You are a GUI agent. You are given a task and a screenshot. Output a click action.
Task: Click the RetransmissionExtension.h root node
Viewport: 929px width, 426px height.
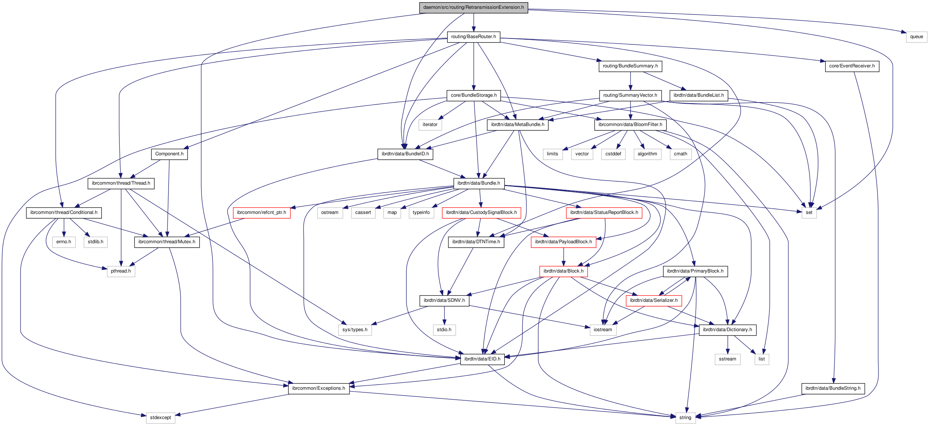[473, 7]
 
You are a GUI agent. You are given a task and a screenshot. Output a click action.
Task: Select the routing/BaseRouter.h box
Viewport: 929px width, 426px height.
[473, 37]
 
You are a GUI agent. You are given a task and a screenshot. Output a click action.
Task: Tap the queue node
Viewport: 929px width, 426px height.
[916, 37]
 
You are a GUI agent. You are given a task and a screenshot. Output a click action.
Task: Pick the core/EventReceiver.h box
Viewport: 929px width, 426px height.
[852, 66]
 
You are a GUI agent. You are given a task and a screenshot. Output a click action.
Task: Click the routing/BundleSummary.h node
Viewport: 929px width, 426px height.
[630, 66]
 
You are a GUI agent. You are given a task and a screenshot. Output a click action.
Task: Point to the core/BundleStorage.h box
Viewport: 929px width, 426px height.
[473, 95]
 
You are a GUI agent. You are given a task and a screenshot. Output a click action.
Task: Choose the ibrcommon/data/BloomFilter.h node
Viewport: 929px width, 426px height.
[630, 125]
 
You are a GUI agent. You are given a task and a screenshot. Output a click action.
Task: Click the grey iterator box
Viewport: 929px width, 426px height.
[430, 125]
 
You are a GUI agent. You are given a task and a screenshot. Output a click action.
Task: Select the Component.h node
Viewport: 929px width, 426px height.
[169, 154]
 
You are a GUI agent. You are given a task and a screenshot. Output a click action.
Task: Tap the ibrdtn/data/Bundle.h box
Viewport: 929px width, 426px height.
[478, 183]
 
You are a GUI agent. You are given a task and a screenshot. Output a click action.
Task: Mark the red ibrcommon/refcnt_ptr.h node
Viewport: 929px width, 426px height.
[261, 212]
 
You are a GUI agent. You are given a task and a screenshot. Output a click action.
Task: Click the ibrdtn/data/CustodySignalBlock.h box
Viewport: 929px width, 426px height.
[481, 212]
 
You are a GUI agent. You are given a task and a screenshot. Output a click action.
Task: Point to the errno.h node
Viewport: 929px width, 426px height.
[64, 242]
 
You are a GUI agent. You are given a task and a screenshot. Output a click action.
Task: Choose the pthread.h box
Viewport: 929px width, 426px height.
[121, 271]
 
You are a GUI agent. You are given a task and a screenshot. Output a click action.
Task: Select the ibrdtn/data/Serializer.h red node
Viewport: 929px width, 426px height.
[654, 300]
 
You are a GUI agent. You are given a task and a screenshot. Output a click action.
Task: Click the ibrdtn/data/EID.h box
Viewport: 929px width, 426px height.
[482, 359]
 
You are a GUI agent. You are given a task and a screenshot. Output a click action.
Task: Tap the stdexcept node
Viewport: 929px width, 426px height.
[160, 418]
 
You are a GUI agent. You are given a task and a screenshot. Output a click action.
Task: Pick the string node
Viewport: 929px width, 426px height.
[685, 418]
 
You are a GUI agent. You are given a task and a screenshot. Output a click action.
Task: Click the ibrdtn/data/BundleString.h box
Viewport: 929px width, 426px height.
[833, 388]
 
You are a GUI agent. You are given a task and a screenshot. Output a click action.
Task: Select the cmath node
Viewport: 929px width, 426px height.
[680, 154]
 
